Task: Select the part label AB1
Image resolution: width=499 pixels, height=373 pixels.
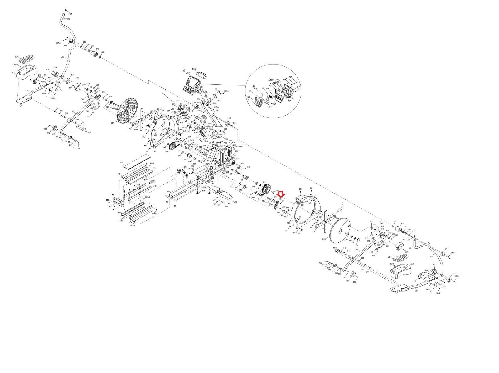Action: (169, 191)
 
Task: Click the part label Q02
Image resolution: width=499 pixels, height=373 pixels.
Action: (288, 223)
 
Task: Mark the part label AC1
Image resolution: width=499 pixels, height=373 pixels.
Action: (218, 110)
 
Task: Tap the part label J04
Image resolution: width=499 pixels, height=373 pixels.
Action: (12, 72)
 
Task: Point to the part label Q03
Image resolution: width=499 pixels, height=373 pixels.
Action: (225, 129)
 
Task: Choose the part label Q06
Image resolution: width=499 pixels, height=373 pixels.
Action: (185, 167)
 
